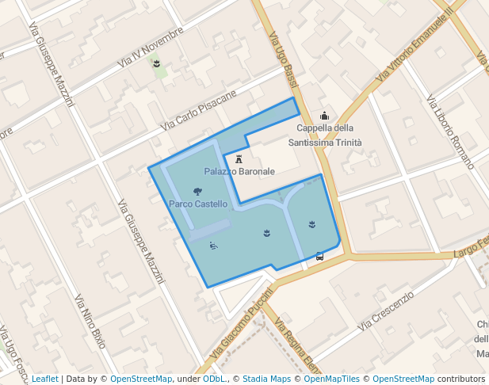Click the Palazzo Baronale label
point(239,171)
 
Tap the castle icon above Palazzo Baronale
point(239,159)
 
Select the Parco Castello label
point(198,204)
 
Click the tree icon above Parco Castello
point(197,191)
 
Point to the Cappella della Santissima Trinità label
point(325,135)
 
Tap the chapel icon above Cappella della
point(324,116)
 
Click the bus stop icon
point(319,256)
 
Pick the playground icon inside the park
point(214,246)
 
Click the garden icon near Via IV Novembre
point(158,63)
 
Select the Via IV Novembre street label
point(150,47)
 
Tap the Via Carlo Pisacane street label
point(198,110)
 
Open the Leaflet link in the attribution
point(44,379)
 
